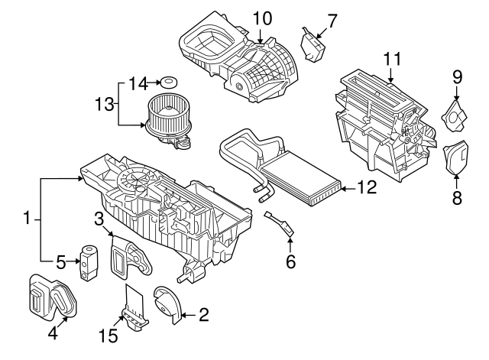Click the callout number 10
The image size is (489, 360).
tap(262, 17)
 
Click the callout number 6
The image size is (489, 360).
tap(290, 261)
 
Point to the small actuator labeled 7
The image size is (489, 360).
tap(312, 47)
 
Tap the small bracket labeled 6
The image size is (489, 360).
tap(281, 223)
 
